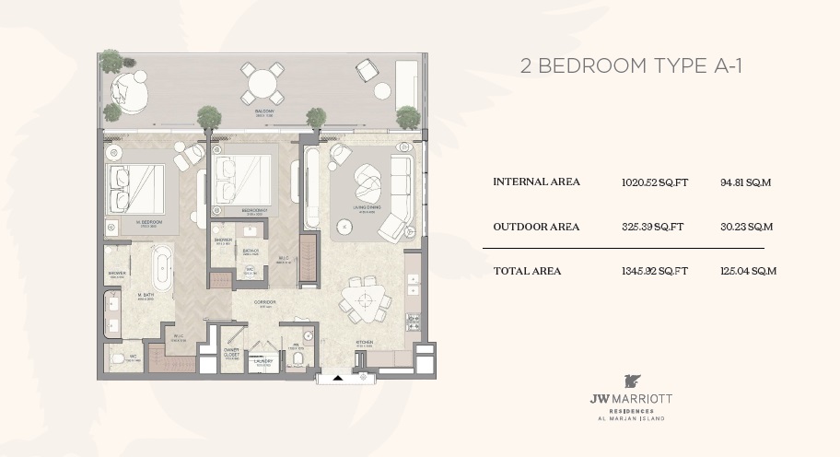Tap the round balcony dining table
(264, 84)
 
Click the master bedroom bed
(136, 189)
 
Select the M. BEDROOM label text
(150, 223)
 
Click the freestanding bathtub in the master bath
(162, 268)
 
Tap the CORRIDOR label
(265, 303)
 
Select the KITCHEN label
(365, 343)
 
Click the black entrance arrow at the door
(338, 377)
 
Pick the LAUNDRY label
(262, 361)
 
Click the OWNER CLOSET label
(232, 354)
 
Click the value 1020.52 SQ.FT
(655, 182)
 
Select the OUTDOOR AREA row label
(536, 227)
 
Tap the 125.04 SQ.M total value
(748, 271)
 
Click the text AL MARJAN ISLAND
(631, 418)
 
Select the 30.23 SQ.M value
(746, 227)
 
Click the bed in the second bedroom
(243, 179)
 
